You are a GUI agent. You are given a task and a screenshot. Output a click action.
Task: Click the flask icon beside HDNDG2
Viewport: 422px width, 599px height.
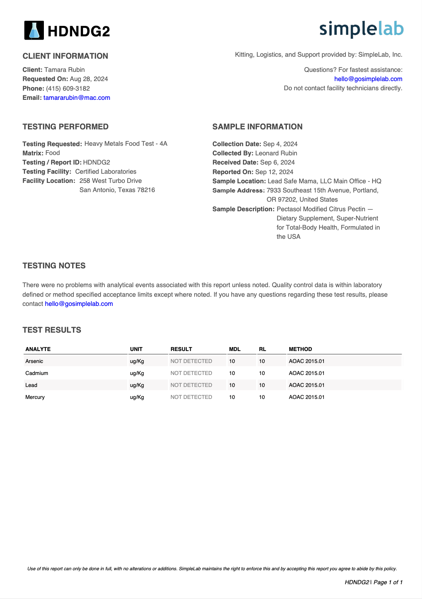tap(34, 30)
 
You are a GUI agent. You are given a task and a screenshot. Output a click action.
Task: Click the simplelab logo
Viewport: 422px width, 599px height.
tap(361, 29)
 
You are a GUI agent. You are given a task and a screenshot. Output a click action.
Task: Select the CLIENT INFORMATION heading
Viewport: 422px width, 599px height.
tap(65, 56)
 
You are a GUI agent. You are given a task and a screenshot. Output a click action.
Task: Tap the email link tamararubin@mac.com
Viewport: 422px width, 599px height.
tap(77, 98)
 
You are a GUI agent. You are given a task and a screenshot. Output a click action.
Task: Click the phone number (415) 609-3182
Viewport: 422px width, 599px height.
tap(68, 89)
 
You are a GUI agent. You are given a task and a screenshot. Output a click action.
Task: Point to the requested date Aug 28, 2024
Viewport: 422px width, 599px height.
tap(89, 79)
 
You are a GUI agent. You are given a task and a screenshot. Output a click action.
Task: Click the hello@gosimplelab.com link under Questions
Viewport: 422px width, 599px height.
tap(368, 79)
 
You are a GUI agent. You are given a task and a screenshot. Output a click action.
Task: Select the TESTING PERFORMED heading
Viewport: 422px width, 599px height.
tap(65, 127)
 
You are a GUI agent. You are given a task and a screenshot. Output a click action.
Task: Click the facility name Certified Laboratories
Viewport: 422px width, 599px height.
tap(106, 172)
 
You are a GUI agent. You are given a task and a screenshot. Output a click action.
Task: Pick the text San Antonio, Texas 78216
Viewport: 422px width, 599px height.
tap(117, 190)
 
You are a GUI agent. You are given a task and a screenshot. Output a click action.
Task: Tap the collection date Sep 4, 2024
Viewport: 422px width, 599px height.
tap(280, 144)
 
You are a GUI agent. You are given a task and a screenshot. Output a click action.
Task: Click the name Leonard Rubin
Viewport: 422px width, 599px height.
tap(276, 153)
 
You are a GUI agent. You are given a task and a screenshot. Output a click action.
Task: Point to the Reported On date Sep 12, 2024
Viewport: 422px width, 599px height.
tap(274, 172)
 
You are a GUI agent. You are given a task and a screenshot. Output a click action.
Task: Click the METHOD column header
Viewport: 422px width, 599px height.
tap(300, 349)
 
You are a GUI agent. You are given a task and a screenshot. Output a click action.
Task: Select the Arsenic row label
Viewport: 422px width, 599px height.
tap(34, 361)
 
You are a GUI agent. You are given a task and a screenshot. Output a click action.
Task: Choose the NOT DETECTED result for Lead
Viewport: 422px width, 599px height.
tap(191, 385)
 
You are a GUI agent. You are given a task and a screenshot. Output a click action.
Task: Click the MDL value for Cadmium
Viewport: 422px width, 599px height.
tap(232, 373)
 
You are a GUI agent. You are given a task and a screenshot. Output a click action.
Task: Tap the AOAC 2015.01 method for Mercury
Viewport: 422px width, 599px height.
tap(306, 397)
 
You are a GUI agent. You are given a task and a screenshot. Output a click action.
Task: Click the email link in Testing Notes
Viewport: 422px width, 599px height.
tap(79, 304)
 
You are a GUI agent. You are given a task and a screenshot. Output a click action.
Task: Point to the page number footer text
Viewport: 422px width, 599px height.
tap(373, 582)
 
